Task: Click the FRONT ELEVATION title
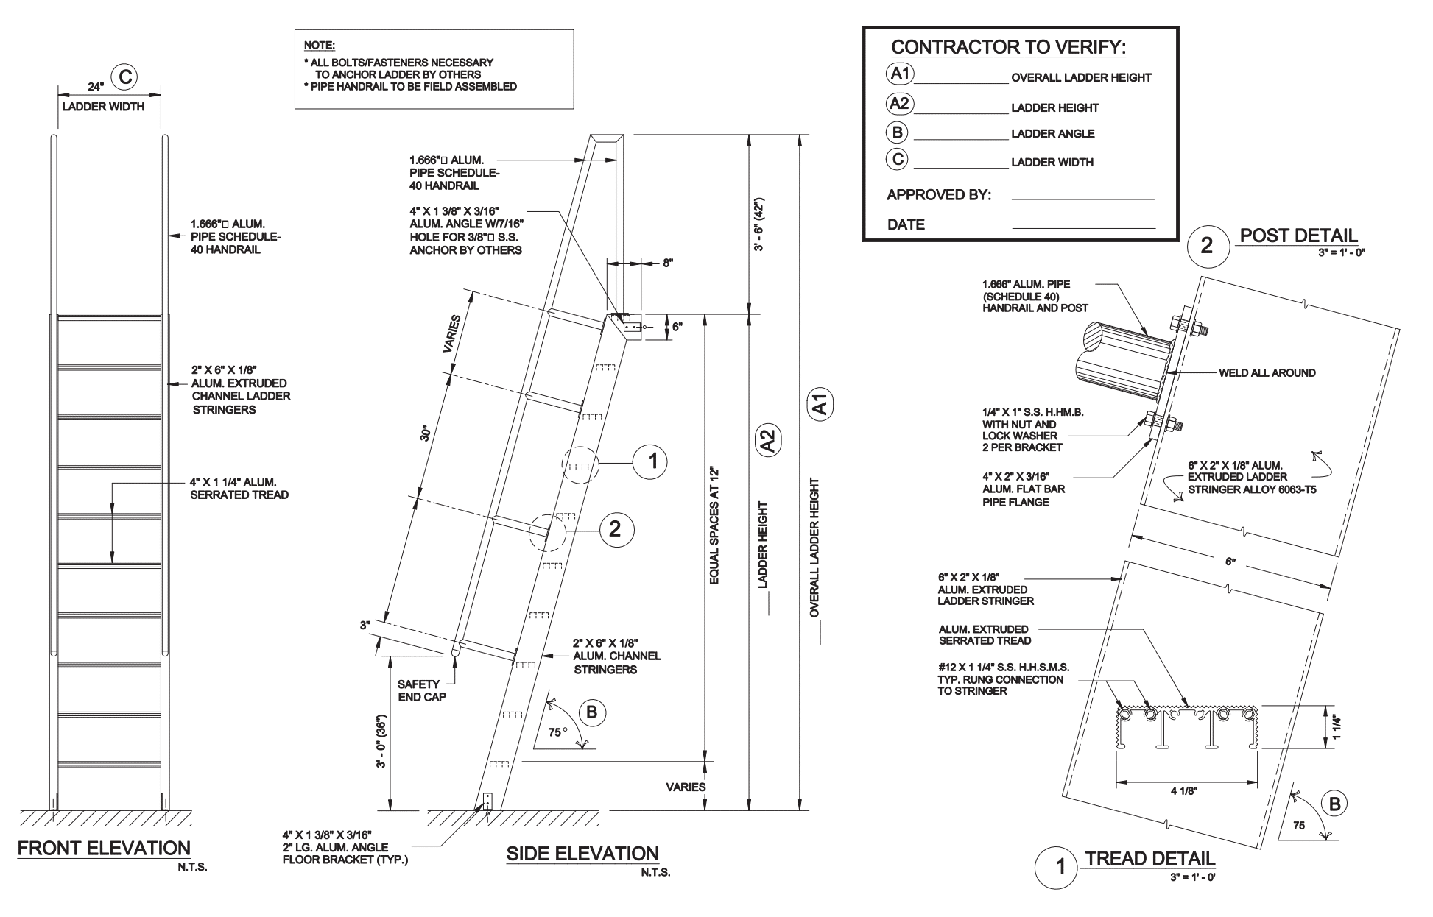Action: click(104, 848)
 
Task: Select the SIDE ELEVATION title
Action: click(582, 854)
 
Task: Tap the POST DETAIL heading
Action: click(1298, 236)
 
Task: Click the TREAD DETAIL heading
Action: click(1150, 858)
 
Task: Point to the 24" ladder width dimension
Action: click(96, 87)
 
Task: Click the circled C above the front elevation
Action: click(124, 77)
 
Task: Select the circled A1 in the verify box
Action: click(900, 74)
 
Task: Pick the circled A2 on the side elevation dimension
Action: click(767, 442)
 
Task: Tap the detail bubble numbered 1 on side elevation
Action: click(652, 462)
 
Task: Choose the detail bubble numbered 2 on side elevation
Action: click(616, 529)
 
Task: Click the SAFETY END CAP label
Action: click(422, 690)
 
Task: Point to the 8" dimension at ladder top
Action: click(668, 263)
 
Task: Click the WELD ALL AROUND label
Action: click(1267, 372)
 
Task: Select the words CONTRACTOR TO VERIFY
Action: click(1008, 48)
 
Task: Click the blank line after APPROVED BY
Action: click(1082, 199)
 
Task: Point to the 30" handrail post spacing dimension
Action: click(425, 433)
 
